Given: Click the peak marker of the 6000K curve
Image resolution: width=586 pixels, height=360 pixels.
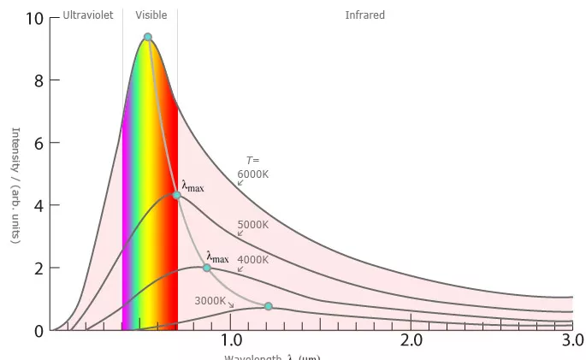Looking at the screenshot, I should (x=148, y=37).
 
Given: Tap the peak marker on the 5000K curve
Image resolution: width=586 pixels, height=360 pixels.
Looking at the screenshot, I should (x=176, y=195).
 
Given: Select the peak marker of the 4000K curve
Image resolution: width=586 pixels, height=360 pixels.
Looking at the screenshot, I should (x=206, y=268).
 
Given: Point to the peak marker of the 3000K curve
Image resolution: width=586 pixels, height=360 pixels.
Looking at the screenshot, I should (x=268, y=306).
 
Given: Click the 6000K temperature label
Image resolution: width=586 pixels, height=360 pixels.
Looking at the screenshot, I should (x=252, y=174).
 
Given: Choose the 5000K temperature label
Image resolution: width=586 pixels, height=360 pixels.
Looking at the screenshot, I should (x=252, y=225).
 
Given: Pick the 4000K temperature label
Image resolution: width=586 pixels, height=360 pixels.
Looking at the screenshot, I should (x=252, y=260).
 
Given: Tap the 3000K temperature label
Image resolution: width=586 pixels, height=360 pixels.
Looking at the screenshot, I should (x=210, y=300).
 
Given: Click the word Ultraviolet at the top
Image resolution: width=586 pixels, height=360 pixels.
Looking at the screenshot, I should (x=88, y=15).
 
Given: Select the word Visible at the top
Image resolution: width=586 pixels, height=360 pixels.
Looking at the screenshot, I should (x=151, y=15).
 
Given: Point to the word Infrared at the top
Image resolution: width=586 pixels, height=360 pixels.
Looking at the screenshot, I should (x=365, y=15).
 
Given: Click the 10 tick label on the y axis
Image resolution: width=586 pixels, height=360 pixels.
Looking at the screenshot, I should (x=33, y=19).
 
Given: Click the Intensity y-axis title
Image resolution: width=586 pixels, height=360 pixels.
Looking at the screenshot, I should (x=15, y=185).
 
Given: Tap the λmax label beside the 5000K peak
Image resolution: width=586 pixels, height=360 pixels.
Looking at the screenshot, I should (x=192, y=186).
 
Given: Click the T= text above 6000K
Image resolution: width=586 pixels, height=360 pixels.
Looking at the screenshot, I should (x=252, y=160).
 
